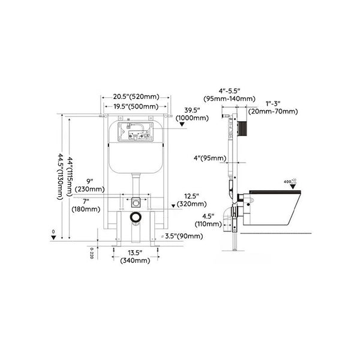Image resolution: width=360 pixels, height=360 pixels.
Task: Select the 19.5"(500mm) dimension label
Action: (x=135, y=107)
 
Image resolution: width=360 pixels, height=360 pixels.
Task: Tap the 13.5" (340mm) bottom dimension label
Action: (x=135, y=257)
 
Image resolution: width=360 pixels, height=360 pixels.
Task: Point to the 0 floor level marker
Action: (x=54, y=234)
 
